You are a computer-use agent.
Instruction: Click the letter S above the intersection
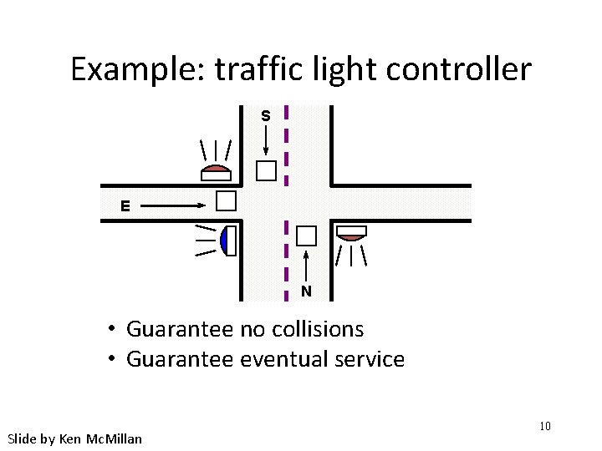265,116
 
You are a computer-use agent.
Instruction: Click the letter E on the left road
125,205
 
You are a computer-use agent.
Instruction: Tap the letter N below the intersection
307,291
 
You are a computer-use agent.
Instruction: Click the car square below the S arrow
266,171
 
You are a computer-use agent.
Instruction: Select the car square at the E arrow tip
226,200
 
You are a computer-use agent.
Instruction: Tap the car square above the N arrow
308,236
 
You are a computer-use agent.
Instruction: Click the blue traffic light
227,241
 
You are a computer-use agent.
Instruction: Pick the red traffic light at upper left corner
216,173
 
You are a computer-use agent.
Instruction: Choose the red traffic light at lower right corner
351,232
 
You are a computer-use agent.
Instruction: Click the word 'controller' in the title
457,69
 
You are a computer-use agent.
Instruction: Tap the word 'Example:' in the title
137,69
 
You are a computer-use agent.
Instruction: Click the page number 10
544,427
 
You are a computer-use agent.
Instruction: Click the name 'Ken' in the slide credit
70,438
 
